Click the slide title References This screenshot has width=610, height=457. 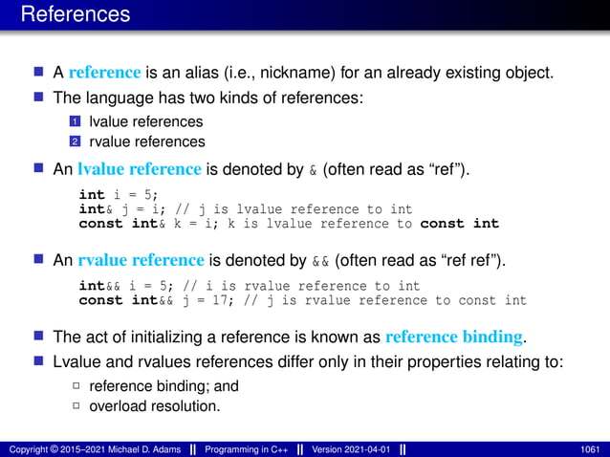75,15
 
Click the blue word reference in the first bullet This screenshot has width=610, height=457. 105,73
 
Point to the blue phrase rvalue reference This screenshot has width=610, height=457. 141,259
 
